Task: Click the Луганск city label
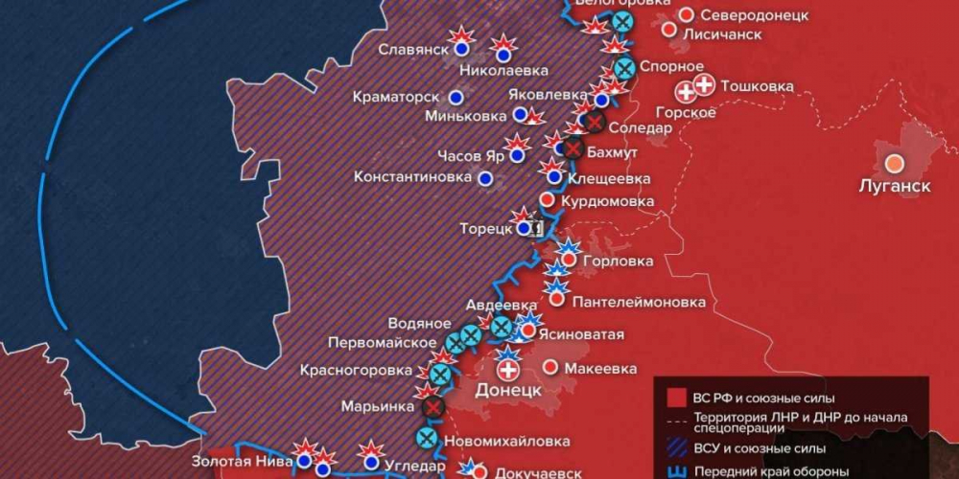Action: (x=894, y=186)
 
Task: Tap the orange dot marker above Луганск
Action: (x=894, y=164)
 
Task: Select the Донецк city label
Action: (x=508, y=391)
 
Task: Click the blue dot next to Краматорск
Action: (x=456, y=97)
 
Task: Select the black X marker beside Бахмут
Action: (x=573, y=149)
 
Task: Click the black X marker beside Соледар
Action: (x=594, y=122)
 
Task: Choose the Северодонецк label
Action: (x=755, y=15)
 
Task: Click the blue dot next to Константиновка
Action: (x=485, y=177)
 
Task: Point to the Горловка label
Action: (x=620, y=261)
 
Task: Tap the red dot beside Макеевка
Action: (x=551, y=367)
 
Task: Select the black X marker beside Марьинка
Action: (x=433, y=407)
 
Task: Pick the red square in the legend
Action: (x=675, y=398)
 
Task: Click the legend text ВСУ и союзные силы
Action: (x=763, y=447)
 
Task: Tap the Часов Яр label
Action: (x=470, y=156)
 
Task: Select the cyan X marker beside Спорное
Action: (x=624, y=67)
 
